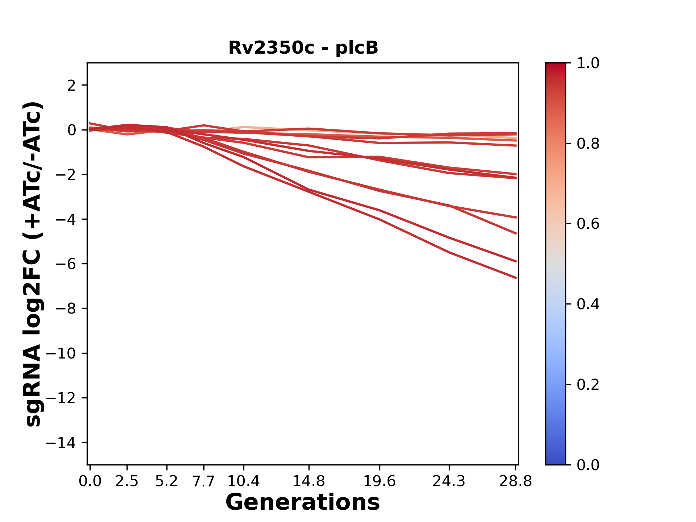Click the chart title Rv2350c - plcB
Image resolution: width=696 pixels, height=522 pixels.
pos(303,47)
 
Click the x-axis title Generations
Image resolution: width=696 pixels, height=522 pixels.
pos(303,502)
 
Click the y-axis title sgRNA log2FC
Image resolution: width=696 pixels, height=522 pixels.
pos(33,264)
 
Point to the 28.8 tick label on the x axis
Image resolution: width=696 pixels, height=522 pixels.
pos(515,481)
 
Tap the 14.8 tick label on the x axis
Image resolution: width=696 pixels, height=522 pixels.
pos(308,481)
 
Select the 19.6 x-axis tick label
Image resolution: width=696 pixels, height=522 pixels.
pos(379,481)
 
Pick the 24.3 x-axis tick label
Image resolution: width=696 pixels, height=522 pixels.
pos(449,481)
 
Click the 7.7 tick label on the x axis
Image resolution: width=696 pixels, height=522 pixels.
pos(204,481)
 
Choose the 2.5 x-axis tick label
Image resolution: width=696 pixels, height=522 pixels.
pos(127,481)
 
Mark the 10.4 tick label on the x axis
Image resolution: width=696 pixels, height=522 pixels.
pos(244,481)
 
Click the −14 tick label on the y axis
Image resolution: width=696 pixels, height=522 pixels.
pos(61,443)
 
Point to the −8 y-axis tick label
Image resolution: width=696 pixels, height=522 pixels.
pos(66,308)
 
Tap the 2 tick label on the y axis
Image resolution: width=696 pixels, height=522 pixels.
pos(71,86)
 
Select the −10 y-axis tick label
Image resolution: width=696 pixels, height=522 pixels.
pos(61,353)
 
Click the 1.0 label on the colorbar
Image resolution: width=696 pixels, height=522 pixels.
pos(588,63)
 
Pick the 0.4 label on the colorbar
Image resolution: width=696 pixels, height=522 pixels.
pos(588,304)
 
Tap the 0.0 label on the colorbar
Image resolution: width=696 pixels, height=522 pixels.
pos(588,465)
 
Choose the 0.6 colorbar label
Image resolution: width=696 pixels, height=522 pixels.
pos(588,224)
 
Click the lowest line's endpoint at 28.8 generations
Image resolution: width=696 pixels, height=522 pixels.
pos(516,278)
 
